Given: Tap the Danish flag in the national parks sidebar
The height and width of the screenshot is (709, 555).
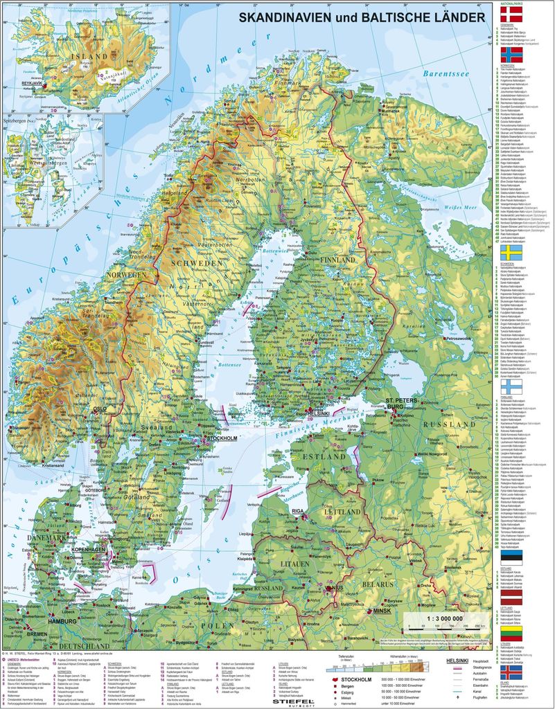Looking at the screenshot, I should coord(511,13).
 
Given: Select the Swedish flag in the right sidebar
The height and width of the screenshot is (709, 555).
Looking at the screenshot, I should coord(511,252).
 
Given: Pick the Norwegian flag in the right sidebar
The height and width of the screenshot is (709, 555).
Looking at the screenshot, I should coord(511,55).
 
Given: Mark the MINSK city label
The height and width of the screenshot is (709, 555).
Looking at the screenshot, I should coord(382,611).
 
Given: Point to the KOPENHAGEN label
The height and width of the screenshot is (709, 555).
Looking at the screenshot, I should coord(87,548).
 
